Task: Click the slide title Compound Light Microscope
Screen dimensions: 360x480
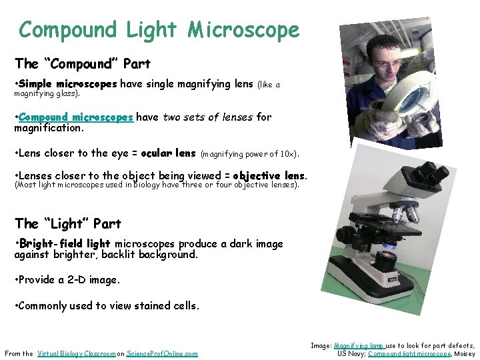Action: (x=159, y=30)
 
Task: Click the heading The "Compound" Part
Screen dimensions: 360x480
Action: (x=83, y=64)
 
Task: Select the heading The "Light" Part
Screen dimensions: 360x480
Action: (x=67, y=223)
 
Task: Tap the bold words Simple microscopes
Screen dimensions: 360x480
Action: (x=68, y=84)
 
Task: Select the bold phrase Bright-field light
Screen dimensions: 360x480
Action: (x=65, y=244)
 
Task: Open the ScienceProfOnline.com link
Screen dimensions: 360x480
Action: (x=162, y=353)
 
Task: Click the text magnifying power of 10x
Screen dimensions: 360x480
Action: (x=250, y=154)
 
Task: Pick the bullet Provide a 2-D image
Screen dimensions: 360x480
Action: (x=67, y=280)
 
